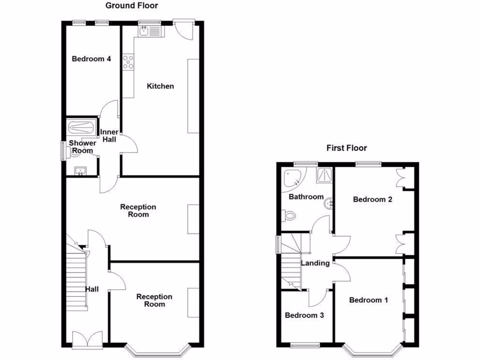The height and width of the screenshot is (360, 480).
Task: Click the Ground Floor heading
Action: [x=131, y=6]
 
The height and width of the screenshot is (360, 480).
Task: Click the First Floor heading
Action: [x=346, y=148]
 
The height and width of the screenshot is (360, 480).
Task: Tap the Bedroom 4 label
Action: [x=91, y=59]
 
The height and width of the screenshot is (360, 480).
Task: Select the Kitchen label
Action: [x=160, y=86]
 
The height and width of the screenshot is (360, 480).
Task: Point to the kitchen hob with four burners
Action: [x=128, y=62]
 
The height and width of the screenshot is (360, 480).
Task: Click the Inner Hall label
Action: [x=109, y=135]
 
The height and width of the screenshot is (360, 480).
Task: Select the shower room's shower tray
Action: [x=81, y=127]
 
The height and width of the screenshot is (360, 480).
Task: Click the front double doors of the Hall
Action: [x=87, y=339]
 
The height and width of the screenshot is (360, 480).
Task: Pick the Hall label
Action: [x=92, y=289]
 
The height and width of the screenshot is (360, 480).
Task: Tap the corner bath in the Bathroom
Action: [x=293, y=178]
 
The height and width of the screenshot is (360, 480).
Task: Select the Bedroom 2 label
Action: [x=372, y=199]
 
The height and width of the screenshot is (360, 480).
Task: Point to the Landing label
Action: [x=315, y=263]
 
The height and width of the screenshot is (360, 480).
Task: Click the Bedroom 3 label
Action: [x=304, y=315]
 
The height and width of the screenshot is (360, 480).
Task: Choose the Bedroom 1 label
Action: [x=368, y=300]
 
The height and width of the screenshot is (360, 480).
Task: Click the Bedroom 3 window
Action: [x=304, y=346]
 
